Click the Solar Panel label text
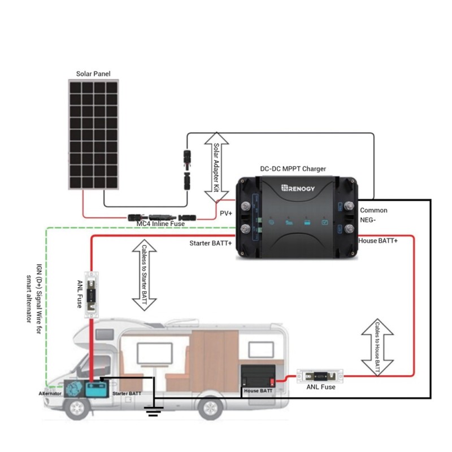[x=93, y=74]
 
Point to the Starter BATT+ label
[x=211, y=244]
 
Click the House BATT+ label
[x=378, y=241]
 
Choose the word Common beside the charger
[x=373, y=210]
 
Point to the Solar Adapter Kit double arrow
[x=216, y=167]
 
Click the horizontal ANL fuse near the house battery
[x=320, y=375]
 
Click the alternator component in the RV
[x=73, y=390]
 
